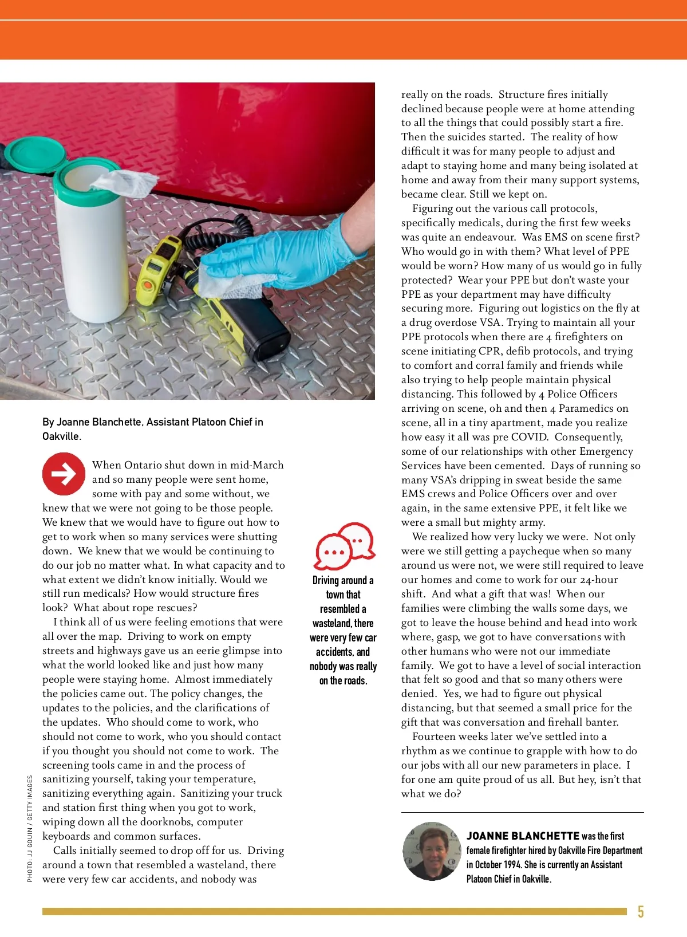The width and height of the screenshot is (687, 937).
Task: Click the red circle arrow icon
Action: [x=64, y=474]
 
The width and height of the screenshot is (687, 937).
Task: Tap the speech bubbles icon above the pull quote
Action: [x=345, y=545]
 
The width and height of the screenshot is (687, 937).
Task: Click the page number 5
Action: [x=641, y=911]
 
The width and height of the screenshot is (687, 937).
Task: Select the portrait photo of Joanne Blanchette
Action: [x=432, y=852]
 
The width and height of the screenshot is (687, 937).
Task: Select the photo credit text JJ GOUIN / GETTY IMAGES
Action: [x=30, y=829]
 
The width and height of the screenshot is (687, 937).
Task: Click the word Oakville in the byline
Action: [x=60, y=436]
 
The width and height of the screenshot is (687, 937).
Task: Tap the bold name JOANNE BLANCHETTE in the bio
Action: [x=523, y=836]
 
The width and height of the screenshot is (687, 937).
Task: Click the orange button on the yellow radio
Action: [x=148, y=284]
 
